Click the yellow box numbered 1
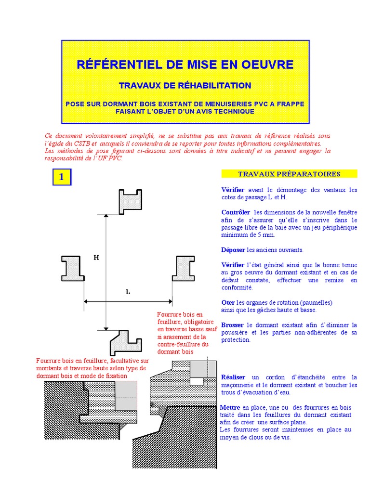pos(62,177)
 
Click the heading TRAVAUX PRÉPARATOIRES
pos(289,174)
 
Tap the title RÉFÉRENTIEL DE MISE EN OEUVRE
pos(185,65)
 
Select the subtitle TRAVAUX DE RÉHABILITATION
pos(185,86)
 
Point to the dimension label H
pos(96,258)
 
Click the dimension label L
pos(128,292)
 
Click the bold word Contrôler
pos(236,212)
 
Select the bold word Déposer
pos(233,250)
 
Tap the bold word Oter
pos(228,302)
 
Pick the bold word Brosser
pos(232,325)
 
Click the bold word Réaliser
pos(233,377)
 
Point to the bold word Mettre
pos(230,407)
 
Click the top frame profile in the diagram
pos(130,201)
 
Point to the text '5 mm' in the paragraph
pos(267,235)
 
